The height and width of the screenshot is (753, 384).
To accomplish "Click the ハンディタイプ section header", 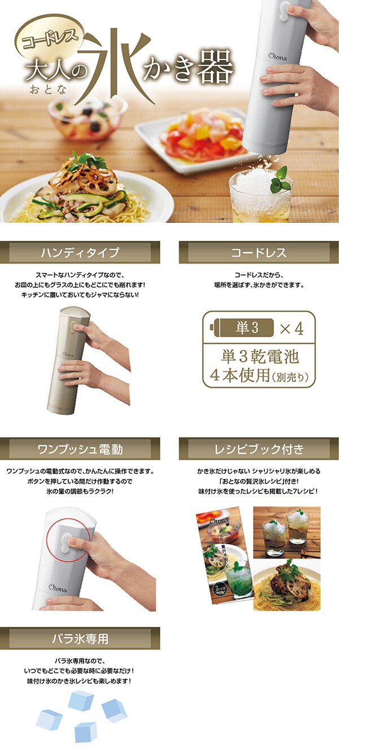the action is click(x=80, y=252).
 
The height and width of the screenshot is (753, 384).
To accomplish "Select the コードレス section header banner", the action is click(x=259, y=252).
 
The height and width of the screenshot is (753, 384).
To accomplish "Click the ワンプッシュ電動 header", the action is click(x=80, y=448).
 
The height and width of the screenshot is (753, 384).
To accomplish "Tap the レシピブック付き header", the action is click(x=259, y=448).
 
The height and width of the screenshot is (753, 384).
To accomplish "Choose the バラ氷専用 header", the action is click(x=80, y=638).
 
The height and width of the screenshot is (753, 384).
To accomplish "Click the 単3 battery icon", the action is click(x=242, y=327).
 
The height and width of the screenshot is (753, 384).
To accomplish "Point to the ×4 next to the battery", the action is click(x=292, y=328).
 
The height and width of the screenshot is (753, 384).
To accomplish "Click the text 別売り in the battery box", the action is click(x=290, y=377).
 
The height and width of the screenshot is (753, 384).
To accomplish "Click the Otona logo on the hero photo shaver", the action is click(x=278, y=57).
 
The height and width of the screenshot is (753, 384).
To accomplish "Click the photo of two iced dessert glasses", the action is click(x=287, y=532).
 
